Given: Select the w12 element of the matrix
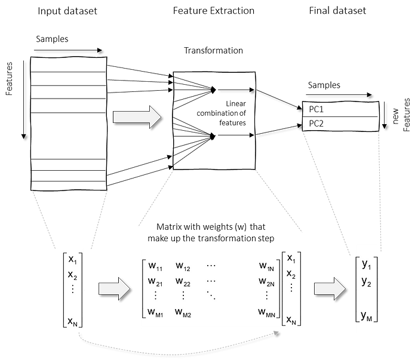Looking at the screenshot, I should click(184, 266).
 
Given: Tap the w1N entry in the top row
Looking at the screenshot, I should click(266, 266).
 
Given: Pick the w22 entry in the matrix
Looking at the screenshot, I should click(184, 281).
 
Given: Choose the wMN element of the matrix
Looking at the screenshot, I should click(267, 312).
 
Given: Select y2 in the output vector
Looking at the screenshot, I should click(367, 282).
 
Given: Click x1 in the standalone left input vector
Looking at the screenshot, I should click(73, 260).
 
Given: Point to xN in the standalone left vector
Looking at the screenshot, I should click(73, 322).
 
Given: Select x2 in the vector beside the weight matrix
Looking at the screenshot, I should click(291, 274).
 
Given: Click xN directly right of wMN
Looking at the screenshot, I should click(291, 321).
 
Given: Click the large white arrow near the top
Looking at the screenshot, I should click(137, 117).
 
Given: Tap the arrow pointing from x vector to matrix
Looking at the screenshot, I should click(113, 289).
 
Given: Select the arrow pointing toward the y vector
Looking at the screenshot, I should click(330, 289).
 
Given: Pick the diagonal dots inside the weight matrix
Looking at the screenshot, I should click(211, 295).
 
